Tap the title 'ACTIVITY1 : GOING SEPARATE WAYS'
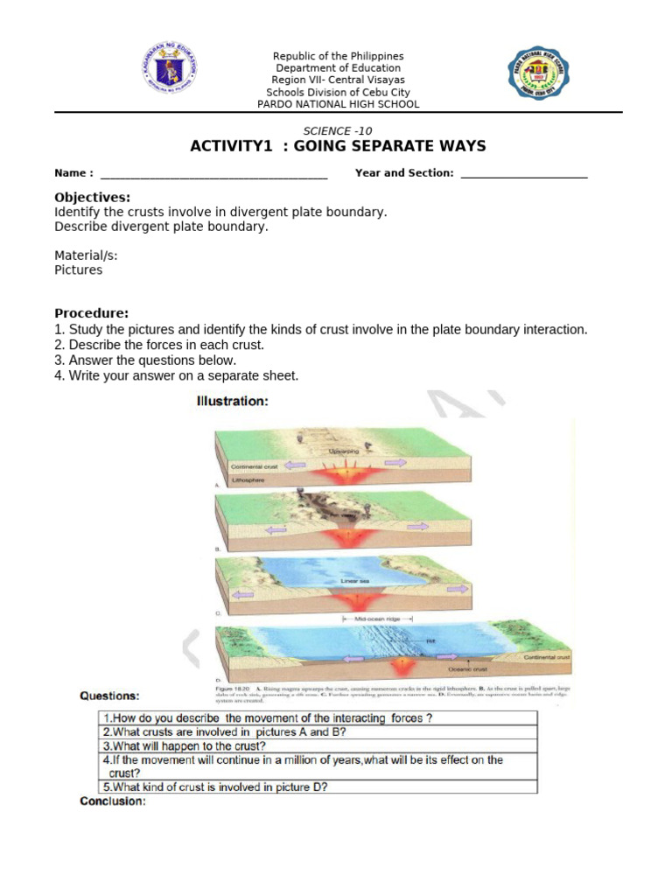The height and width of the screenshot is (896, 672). pyautogui.click(x=338, y=146)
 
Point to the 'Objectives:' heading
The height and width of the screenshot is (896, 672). pyautogui.click(x=93, y=198)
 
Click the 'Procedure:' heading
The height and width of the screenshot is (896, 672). pyautogui.click(x=92, y=313)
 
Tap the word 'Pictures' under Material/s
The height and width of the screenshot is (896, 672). pyautogui.click(x=78, y=270)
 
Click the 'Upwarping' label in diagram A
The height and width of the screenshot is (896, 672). pyautogui.click(x=343, y=451)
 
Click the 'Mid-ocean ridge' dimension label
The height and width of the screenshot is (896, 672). pyautogui.click(x=376, y=618)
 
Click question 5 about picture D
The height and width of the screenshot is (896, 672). pyautogui.click(x=215, y=787)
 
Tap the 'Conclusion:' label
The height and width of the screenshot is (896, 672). pyautogui.click(x=112, y=801)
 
